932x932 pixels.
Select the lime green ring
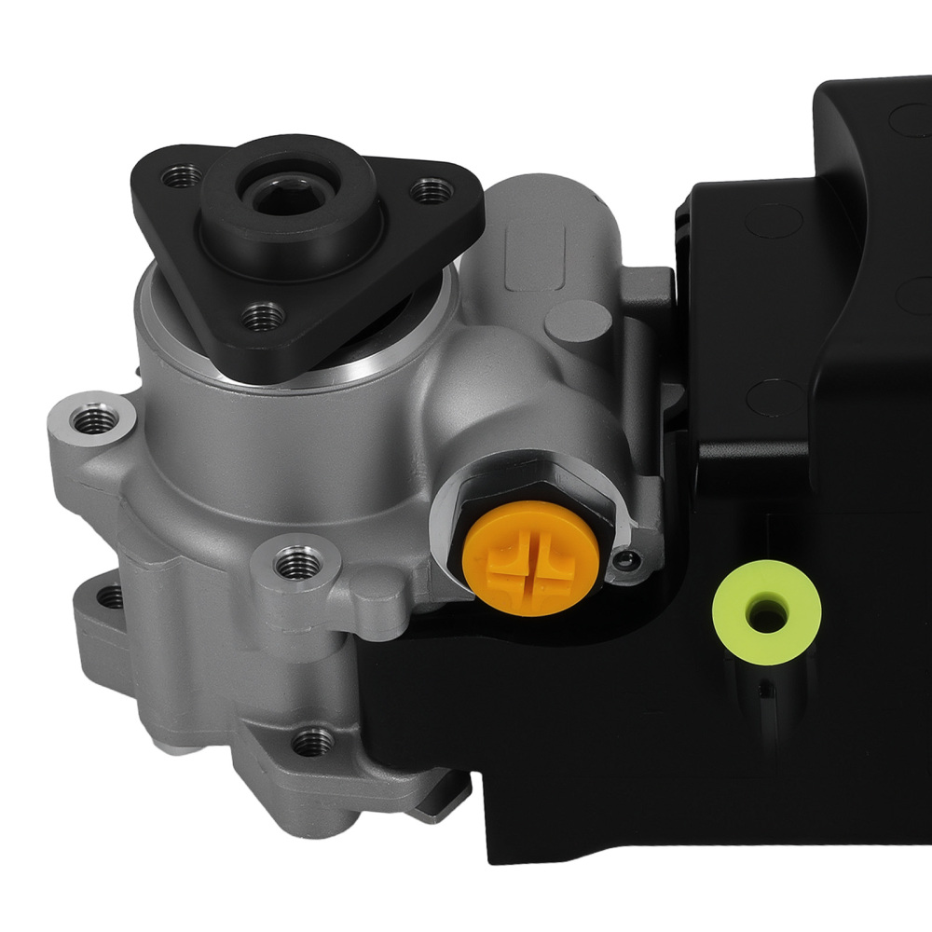click(x=766, y=611)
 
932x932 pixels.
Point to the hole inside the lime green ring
click(x=766, y=612)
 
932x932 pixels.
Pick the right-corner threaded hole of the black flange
click(x=431, y=191)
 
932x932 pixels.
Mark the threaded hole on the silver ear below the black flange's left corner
click(x=95, y=422)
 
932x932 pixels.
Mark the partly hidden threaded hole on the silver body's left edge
click(x=110, y=596)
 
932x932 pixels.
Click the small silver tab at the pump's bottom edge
click(x=438, y=811)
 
